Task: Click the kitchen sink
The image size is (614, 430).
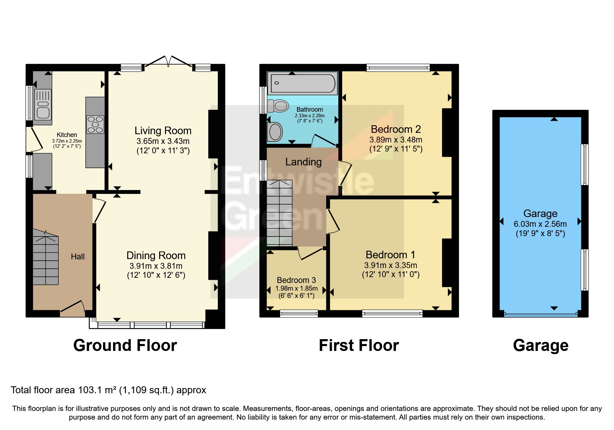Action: (x=43, y=104)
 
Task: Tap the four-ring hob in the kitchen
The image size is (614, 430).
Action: (x=95, y=124)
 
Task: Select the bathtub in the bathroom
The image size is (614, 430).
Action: (x=303, y=83)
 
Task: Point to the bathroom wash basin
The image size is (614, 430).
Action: (x=276, y=132)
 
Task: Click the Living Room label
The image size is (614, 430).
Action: (x=163, y=131)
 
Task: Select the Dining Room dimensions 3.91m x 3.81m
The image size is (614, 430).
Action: (x=156, y=266)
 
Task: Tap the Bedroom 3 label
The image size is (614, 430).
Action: (x=296, y=280)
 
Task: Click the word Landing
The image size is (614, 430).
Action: (x=303, y=162)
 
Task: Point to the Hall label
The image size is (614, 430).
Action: (x=78, y=257)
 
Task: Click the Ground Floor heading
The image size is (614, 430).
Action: (x=125, y=345)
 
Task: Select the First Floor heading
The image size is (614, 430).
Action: (x=359, y=345)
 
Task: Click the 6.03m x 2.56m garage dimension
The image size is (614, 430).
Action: (x=540, y=224)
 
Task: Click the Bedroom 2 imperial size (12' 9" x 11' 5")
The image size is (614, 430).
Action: (x=396, y=149)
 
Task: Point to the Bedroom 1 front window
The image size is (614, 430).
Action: (x=392, y=314)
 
